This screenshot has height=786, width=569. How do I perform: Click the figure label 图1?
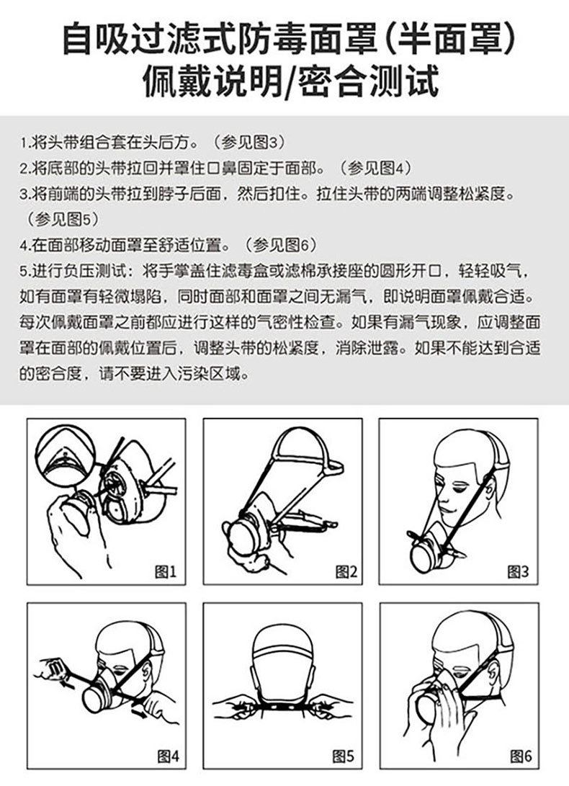click(x=166, y=571)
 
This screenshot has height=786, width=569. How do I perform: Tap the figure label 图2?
click(x=346, y=571)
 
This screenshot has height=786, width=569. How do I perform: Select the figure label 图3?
click(x=518, y=571)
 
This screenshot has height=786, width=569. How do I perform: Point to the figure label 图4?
click(x=168, y=756)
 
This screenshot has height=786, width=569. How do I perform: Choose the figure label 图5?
click(x=343, y=756)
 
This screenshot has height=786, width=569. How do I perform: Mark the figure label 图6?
click(x=521, y=756)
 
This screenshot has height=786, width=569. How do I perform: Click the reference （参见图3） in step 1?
click(x=249, y=143)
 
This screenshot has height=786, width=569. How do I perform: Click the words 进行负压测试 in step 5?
click(x=77, y=271)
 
